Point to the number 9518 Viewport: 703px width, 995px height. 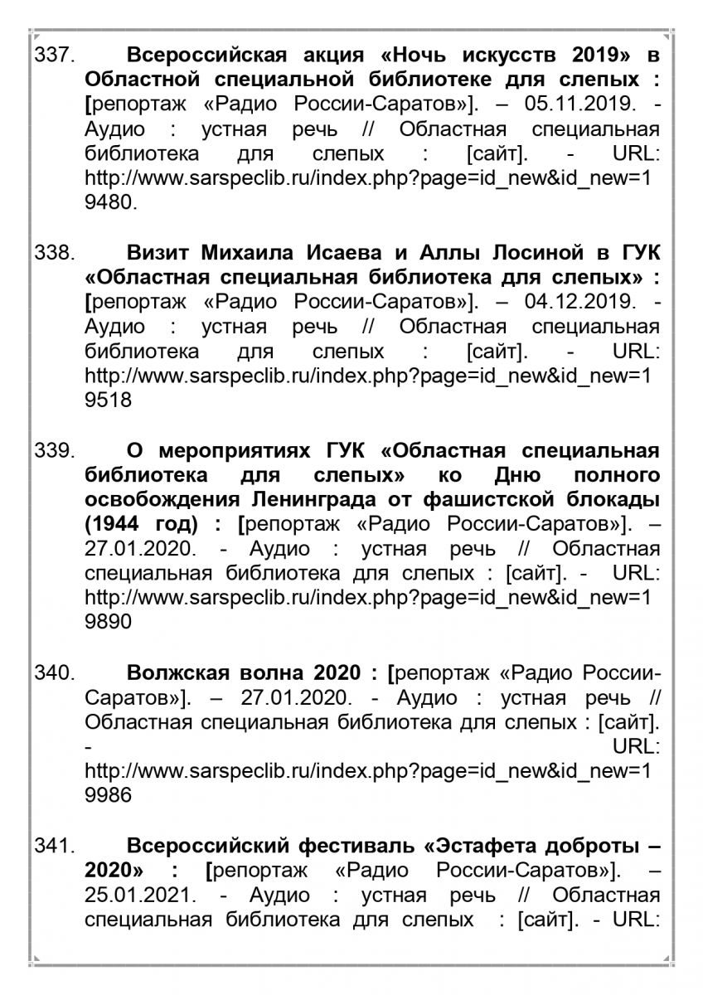pyautogui.click(x=108, y=400)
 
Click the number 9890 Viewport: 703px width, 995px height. pyautogui.click(x=108, y=621)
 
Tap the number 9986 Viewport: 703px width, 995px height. pyautogui.click(x=108, y=795)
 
